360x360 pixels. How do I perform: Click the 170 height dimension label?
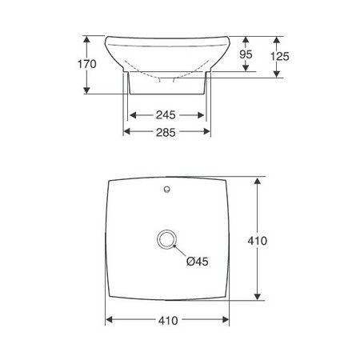pyautogui.click(x=87, y=64)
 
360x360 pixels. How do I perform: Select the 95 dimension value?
pyautogui.click(x=246, y=54)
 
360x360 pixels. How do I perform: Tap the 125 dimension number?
pyautogui.click(x=280, y=56)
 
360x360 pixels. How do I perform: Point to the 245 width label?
pyautogui.click(x=166, y=115)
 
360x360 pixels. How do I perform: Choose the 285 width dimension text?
pyautogui.click(x=166, y=133)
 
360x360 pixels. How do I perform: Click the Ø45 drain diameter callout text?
pyautogui.click(x=198, y=262)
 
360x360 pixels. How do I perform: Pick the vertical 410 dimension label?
pyautogui.click(x=257, y=241)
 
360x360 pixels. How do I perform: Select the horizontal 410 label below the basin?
pyautogui.click(x=168, y=321)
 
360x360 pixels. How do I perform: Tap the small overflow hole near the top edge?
pyautogui.click(x=166, y=189)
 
